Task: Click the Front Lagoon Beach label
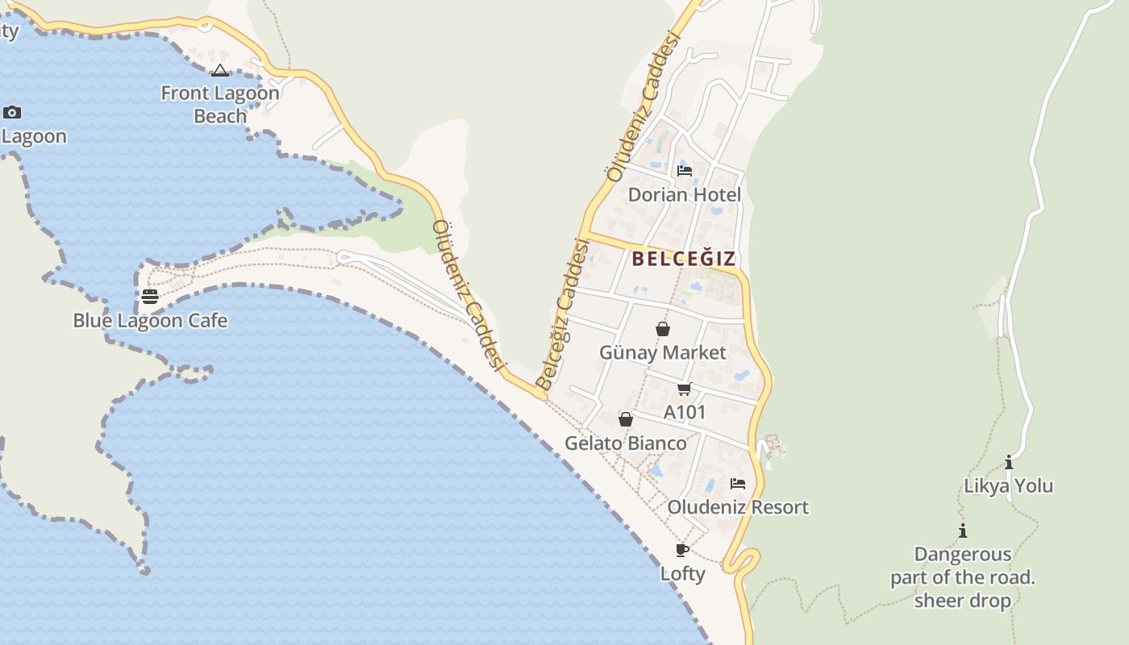point(220,104)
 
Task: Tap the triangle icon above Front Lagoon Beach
point(220,71)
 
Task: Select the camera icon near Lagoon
point(12,112)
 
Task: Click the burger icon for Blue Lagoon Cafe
point(150,297)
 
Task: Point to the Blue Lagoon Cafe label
point(150,321)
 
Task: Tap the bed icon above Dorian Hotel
point(685,171)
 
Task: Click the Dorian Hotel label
point(685,195)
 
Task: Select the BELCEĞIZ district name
point(684,259)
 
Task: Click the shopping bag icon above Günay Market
point(663,329)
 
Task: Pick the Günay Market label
point(663,353)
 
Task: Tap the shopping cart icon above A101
point(685,389)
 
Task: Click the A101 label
point(685,413)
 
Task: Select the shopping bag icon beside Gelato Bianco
point(626,419)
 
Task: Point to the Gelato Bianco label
point(626,443)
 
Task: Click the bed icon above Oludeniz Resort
point(738,484)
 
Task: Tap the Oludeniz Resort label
point(738,508)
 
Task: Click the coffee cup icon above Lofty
point(682,551)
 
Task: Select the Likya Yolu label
point(1009,486)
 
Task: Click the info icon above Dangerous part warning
point(963,531)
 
